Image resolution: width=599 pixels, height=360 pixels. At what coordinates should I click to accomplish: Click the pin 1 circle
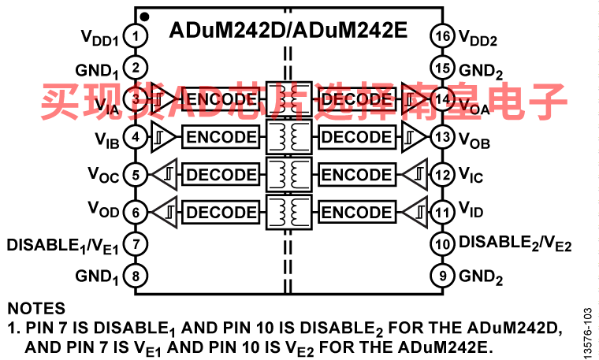coord(136,36)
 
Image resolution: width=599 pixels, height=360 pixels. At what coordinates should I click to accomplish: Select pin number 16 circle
coord(442,36)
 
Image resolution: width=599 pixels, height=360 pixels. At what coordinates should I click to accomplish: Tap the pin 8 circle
coord(136,276)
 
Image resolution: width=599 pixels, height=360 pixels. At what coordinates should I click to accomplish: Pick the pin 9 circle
coord(442,276)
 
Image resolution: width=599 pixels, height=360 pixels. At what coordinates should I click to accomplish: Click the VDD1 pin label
coord(100,38)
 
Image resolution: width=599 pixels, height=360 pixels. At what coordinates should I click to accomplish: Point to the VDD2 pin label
coord(478,38)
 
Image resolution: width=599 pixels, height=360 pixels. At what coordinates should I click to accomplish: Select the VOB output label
coord(474,140)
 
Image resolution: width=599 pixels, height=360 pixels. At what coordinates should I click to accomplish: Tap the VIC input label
coord(471,175)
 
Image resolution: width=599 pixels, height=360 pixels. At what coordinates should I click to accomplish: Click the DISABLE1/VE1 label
coord(62,246)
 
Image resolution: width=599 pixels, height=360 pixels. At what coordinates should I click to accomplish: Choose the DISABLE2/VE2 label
coord(515,243)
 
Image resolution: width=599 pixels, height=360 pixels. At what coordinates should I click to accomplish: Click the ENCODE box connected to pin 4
coord(221,136)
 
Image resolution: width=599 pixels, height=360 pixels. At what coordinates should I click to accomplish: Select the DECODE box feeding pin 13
coord(357,136)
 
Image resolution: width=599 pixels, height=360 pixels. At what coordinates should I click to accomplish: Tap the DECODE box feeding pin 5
coord(221,174)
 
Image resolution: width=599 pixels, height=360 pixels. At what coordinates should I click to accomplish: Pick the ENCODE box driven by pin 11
coord(357,212)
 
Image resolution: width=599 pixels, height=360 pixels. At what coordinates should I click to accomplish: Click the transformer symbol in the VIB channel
coord(288,136)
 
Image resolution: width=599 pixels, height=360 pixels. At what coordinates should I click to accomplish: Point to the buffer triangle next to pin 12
coord(415,174)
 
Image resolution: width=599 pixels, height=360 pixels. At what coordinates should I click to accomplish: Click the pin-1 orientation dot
coord(144,17)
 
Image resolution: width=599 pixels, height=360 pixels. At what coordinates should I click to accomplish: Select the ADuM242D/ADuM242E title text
coord(288,30)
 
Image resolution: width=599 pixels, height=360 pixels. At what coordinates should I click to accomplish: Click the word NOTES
coord(36,308)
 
